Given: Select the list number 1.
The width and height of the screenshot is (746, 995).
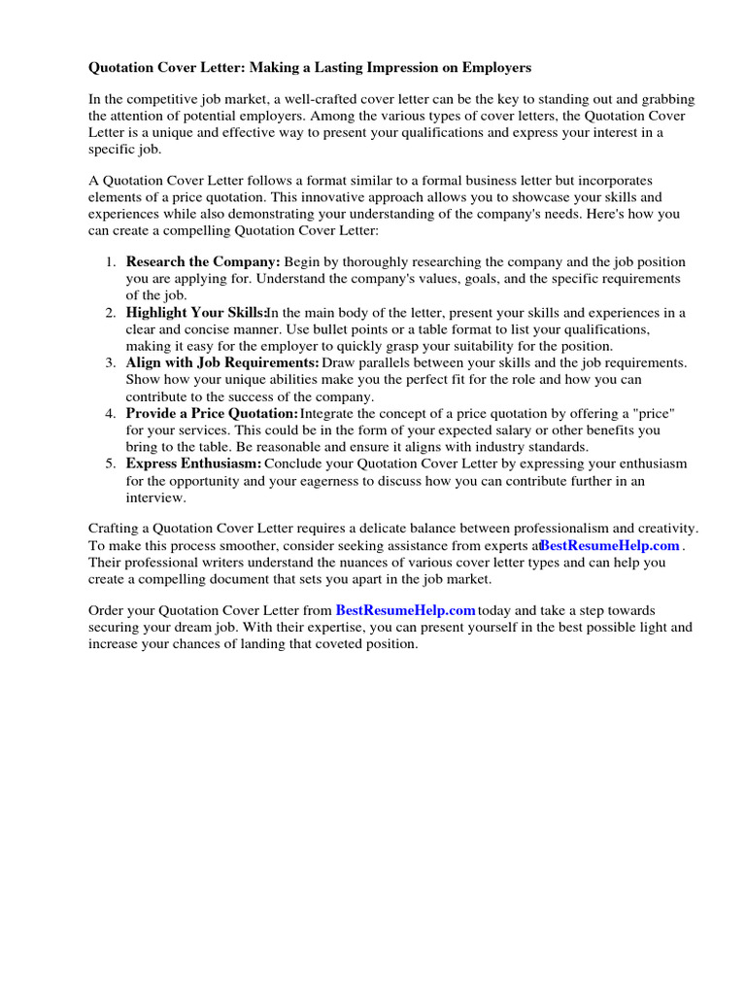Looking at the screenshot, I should click(x=110, y=262).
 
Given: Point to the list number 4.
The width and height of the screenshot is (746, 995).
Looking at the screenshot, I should click(x=110, y=414).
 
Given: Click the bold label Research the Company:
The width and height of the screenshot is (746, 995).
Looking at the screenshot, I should click(x=203, y=262).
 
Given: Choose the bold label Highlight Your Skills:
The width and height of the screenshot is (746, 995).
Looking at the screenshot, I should click(x=196, y=313).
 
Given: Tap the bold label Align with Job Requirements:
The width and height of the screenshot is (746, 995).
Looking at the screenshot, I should click(x=222, y=363).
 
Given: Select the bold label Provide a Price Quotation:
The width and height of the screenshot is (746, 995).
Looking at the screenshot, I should click(x=212, y=414).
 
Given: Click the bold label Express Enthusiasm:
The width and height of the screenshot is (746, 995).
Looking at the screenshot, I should click(x=193, y=464).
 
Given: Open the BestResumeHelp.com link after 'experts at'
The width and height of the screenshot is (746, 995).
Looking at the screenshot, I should click(x=609, y=546).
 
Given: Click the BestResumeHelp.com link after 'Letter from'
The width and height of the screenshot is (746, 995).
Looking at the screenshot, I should click(x=405, y=610).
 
